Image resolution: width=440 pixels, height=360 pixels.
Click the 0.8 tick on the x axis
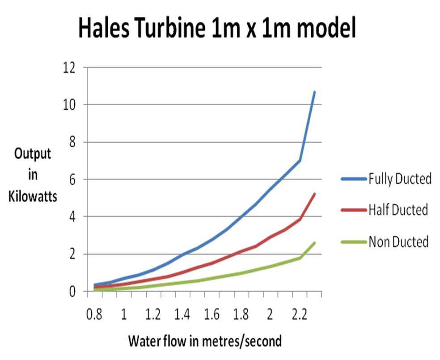tap(94, 314)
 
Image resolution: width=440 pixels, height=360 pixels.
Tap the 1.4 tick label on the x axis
tap(182, 314)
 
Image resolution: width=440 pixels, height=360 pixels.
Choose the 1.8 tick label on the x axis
tap(241, 314)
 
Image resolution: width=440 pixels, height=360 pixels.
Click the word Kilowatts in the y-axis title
tap(33, 196)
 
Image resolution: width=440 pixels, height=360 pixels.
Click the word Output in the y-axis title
tap(33, 154)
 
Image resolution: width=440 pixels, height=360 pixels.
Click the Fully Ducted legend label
tap(400, 179)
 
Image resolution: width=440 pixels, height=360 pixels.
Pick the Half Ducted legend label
tap(398, 209)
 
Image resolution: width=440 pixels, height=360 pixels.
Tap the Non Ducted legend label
tap(398, 242)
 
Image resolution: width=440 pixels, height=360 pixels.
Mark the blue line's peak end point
tap(314, 92)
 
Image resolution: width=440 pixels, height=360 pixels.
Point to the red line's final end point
tap(314, 194)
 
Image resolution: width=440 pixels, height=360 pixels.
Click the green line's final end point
tap(314, 243)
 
